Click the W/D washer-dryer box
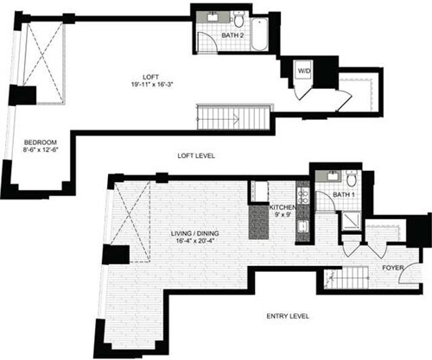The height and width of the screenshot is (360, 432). pos(303,71)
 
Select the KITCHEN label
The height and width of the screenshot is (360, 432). pos(285,208)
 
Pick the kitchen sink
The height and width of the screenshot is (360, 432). pos(302,227)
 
